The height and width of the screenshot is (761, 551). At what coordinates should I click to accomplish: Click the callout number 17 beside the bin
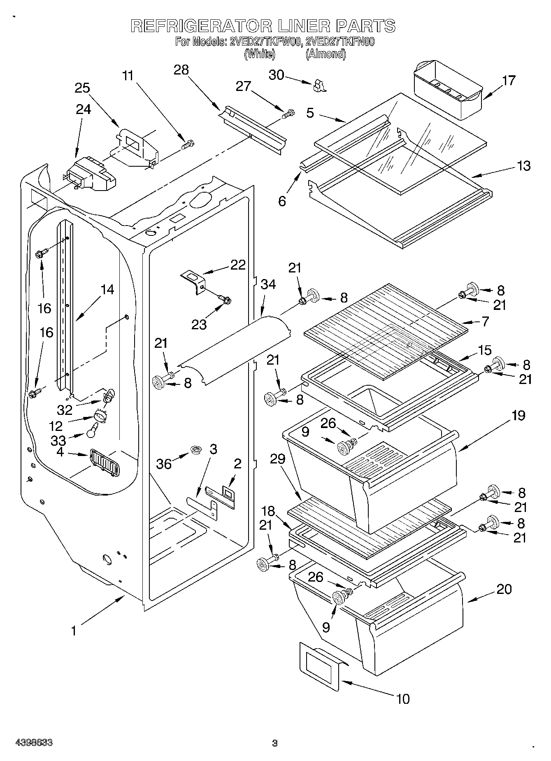click(509, 80)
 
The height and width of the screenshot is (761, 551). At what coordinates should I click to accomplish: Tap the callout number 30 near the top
click(277, 75)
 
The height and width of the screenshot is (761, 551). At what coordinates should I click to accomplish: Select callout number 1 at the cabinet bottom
click(74, 631)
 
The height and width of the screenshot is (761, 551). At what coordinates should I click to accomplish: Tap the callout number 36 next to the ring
click(164, 464)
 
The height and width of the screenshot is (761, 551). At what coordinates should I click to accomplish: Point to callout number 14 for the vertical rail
click(107, 290)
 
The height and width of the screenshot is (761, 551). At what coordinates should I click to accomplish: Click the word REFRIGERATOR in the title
click(201, 26)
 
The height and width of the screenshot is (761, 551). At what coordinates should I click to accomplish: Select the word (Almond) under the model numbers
click(325, 54)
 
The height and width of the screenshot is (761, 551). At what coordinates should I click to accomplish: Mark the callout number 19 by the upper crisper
click(518, 416)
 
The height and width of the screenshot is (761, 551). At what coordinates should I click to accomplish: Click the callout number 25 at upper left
click(82, 88)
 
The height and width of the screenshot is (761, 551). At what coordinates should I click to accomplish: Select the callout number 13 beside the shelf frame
click(524, 166)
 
